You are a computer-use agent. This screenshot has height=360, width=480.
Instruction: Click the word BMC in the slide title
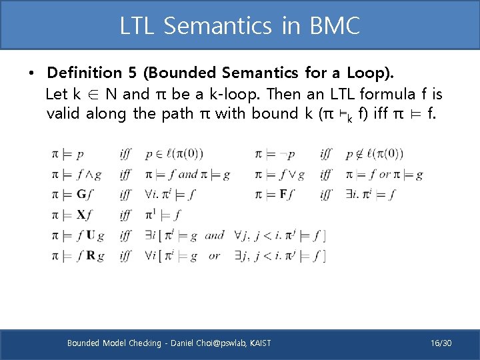[x=335, y=26]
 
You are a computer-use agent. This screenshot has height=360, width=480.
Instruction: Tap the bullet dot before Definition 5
[x=32, y=73]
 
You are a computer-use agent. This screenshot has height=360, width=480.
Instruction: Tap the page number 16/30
[x=441, y=343]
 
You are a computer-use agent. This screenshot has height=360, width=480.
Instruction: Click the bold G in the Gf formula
[x=81, y=195]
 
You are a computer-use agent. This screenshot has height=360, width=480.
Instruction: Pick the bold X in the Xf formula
[x=81, y=215]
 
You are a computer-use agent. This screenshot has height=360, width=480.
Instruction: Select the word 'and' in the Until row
[x=215, y=235]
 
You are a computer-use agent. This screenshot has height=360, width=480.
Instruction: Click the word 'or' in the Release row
[x=214, y=255]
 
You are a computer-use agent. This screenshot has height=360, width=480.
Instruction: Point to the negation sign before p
[x=283, y=155]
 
